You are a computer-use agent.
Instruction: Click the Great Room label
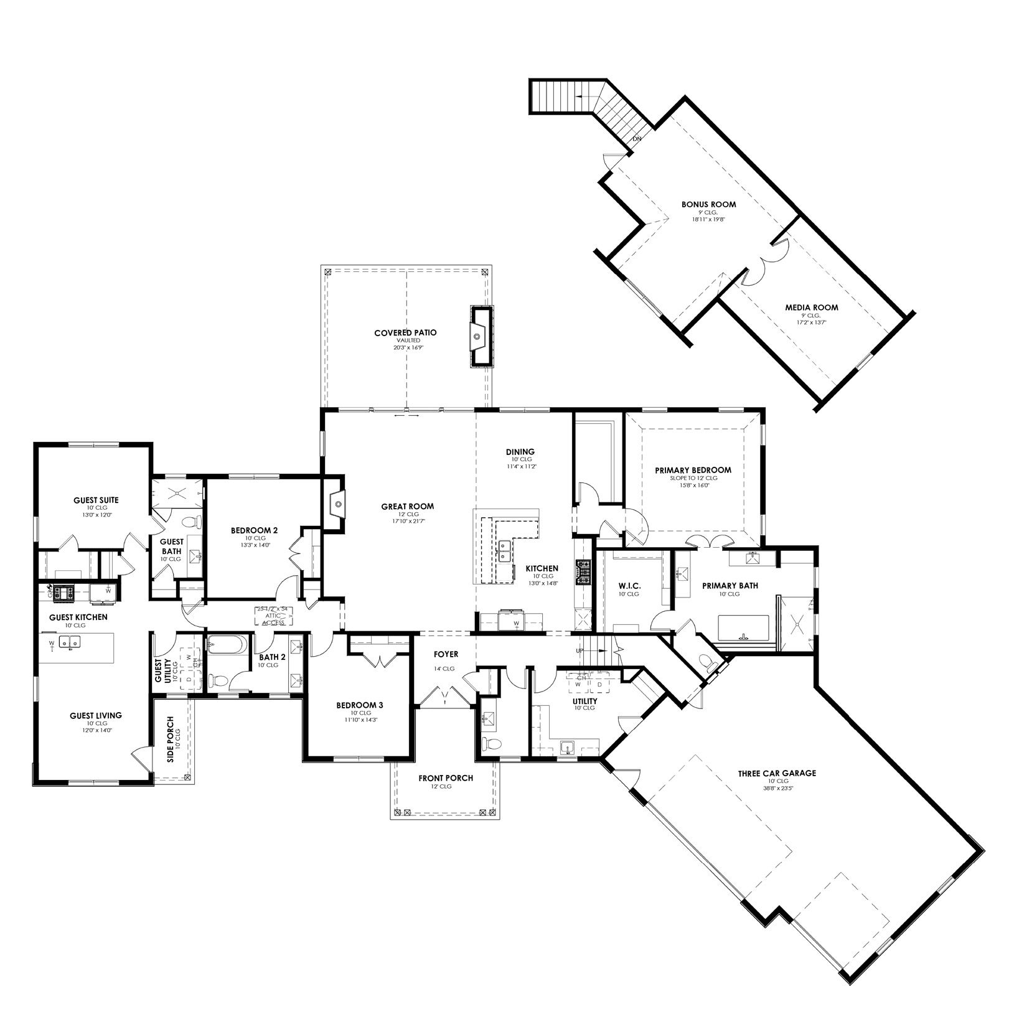pos(407,506)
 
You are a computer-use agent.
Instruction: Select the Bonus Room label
pos(708,204)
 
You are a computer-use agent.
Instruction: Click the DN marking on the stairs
pos(636,139)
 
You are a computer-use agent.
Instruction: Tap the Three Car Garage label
pos(777,774)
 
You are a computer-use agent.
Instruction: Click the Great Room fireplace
pos(334,503)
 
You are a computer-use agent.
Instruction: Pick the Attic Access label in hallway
pos(274,616)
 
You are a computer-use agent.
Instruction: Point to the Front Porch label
pos(445,778)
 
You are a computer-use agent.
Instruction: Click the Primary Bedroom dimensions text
pos(693,486)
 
